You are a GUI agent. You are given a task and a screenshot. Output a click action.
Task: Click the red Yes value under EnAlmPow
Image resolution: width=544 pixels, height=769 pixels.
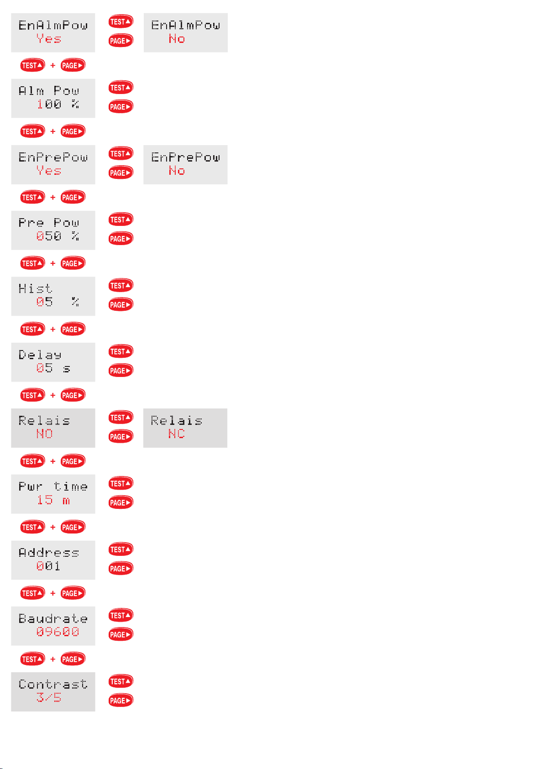click(x=49, y=39)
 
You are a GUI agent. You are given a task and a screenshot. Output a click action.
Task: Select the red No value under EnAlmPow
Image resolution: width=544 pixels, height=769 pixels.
click(x=177, y=39)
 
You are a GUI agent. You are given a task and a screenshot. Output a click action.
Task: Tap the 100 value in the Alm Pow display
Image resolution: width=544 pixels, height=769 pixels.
click(x=49, y=105)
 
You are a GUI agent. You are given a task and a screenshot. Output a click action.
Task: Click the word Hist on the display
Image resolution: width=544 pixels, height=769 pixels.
click(x=36, y=288)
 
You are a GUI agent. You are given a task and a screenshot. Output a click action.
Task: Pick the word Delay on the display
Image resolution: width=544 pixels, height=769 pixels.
click(x=40, y=355)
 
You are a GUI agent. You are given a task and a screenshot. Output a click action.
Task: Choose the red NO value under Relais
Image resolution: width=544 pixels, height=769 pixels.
click(x=44, y=434)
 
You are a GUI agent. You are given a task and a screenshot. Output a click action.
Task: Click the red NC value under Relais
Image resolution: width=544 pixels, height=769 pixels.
click(x=177, y=434)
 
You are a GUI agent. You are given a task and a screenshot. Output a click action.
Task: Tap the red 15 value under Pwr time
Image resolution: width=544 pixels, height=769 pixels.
click(x=45, y=500)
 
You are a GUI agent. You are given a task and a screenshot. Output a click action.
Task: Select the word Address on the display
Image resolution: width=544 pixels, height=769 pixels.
click(x=49, y=553)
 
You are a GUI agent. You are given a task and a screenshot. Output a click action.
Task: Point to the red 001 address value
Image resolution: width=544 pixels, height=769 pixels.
click(x=48, y=566)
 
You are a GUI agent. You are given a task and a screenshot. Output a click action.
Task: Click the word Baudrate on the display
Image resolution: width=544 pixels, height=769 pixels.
click(x=53, y=619)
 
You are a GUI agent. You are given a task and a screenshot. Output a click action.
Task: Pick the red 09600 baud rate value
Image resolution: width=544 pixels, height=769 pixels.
click(x=58, y=632)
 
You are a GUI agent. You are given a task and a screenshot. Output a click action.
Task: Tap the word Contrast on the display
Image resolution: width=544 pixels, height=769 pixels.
click(x=53, y=685)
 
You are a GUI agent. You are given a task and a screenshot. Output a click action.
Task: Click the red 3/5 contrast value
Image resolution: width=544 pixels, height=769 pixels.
click(x=48, y=698)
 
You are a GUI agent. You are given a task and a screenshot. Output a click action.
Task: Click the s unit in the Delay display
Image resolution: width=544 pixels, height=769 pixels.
click(x=67, y=369)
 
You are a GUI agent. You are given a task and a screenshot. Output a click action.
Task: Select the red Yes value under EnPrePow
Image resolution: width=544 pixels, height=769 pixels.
click(x=49, y=171)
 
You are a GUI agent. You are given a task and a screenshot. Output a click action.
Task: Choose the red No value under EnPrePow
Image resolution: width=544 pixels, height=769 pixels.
click(x=177, y=171)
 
